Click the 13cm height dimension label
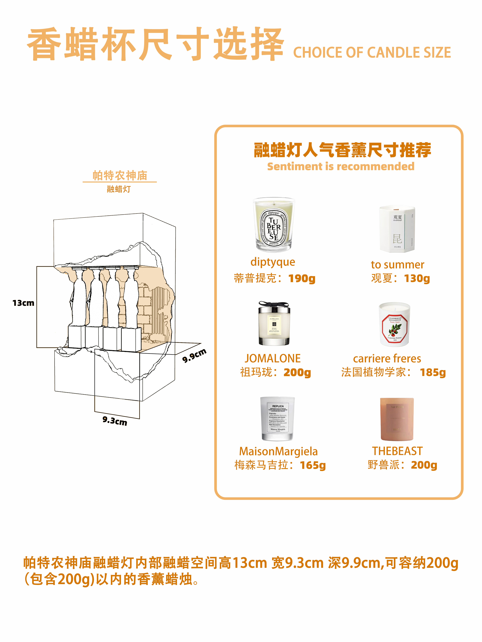click(23, 303)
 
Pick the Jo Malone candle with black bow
click(274, 324)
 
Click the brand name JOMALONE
click(273, 358)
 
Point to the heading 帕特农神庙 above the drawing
click(120, 176)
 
